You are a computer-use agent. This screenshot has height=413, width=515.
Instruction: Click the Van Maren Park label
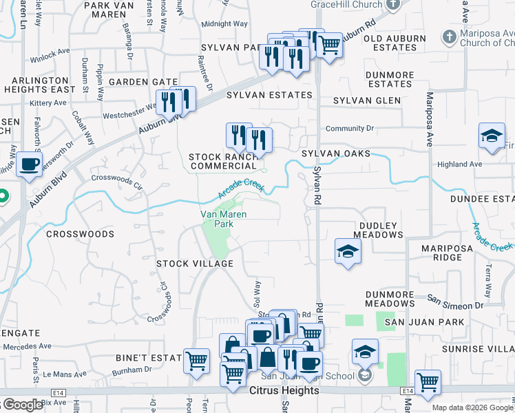tap(223, 219)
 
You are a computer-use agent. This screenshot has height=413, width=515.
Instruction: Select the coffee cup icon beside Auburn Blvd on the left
tap(29, 165)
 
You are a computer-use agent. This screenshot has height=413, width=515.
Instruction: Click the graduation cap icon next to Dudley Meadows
tap(348, 251)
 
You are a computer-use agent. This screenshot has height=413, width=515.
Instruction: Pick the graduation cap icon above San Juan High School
tap(365, 352)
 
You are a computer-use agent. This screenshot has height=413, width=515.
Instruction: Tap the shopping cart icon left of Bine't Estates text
tap(196, 360)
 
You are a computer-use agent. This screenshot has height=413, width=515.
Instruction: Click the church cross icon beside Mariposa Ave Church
tap(449, 36)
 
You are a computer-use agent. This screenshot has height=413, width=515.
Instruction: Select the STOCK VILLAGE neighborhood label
tap(194, 264)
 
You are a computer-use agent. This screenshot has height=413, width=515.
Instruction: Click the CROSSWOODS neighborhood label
tap(80, 234)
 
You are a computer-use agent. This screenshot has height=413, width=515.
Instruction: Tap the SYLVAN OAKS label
tap(335, 153)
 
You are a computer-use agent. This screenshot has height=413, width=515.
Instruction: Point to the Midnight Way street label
tap(224, 23)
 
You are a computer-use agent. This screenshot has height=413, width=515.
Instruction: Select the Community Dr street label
tap(349, 128)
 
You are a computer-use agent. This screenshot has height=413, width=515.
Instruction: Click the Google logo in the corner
tap(22, 405)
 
